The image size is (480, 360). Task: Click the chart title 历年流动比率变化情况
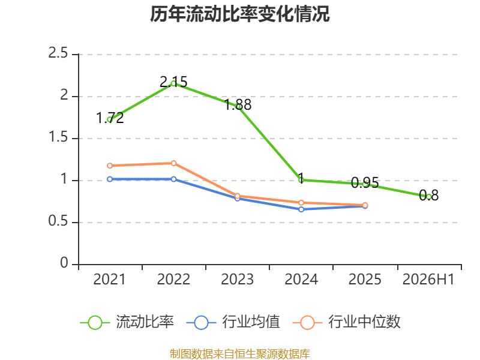click(x=239, y=14)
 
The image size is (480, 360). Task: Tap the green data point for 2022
click(x=173, y=83)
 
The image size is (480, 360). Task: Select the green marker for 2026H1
click(x=429, y=197)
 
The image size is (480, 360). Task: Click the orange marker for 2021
click(x=110, y=166)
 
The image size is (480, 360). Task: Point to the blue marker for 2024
click(x=301, y=209)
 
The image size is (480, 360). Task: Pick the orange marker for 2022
click(x=173, y=163)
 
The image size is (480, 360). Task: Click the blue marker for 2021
click(x=110, y=179)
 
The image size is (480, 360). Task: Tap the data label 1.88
click(x=238, y=105)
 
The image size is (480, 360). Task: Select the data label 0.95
click(x=365, y=183)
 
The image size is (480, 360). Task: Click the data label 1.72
click(x=110, y=118)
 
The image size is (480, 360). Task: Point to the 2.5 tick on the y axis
click(x=58, y=53)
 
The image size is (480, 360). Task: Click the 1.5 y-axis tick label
click(x=58, y=137)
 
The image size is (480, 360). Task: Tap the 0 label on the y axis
click(x=64, y=263)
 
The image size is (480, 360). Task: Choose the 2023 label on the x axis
click(x=237, y=279)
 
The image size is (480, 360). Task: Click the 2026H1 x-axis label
click(x=428, y=279)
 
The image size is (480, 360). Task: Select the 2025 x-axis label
click(x=365, y=279)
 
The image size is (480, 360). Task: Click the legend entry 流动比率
click(x=127, y=322)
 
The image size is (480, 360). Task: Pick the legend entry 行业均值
click(x=233, y=322)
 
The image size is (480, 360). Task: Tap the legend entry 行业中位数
click(x=347, y=322)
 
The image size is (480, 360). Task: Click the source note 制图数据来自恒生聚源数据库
click(x=240, y=354)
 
